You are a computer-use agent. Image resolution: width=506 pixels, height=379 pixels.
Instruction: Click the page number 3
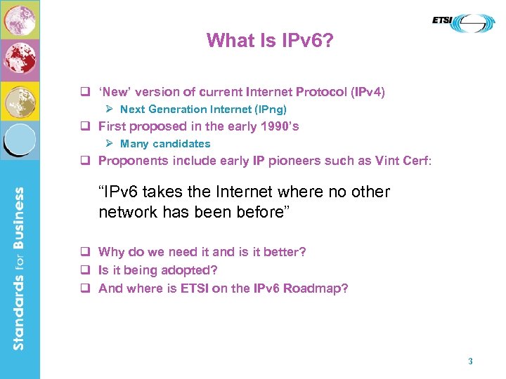[x=470, y=361]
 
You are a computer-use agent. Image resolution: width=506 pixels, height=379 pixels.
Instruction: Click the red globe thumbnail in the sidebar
[x=20, y=60]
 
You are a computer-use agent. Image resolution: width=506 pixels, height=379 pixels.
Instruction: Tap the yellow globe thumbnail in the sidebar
[x=20, y=101]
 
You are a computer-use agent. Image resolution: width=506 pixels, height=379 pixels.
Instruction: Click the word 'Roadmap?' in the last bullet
[x=316, y=288]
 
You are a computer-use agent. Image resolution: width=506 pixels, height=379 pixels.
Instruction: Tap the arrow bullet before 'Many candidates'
[x=110, y=144]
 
